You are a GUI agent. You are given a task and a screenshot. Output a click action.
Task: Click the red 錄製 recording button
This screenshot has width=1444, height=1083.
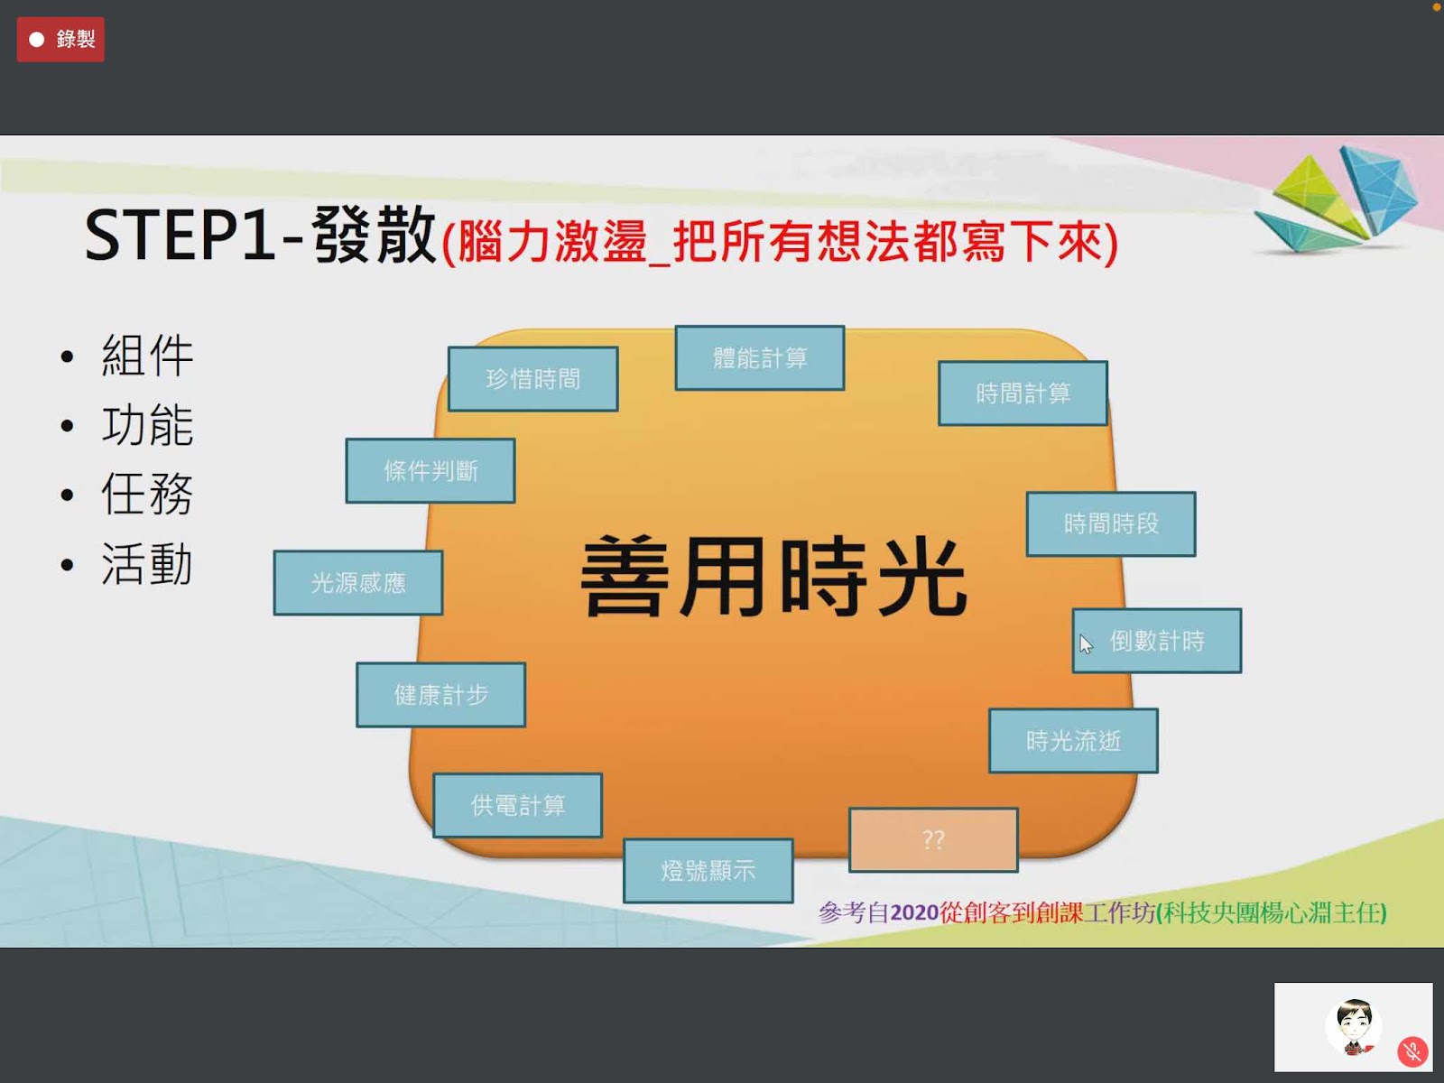pos(60,40)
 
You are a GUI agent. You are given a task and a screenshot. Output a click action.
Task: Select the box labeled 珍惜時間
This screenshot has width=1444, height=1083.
pos(532,379)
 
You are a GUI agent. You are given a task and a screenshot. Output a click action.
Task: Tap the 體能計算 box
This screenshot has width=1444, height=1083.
pos(760,357)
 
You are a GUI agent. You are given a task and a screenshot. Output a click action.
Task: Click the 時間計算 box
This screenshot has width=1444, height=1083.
pos(1023,393)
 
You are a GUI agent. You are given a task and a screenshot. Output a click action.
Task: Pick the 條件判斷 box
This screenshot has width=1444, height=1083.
pos(430,471)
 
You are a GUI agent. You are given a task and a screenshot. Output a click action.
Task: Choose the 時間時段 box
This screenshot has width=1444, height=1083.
pos(1111,524)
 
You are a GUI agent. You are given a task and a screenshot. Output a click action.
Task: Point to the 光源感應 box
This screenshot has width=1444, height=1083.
pos(358,583)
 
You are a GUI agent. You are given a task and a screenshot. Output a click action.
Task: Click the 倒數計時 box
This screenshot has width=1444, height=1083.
pos(1157,641)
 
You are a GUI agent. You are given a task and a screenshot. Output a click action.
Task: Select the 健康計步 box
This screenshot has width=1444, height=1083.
pos(440,694)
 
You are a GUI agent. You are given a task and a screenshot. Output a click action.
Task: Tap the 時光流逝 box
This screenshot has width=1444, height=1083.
pos(1074,740)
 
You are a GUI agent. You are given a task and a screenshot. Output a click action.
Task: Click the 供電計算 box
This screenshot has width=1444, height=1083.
pos(518,805)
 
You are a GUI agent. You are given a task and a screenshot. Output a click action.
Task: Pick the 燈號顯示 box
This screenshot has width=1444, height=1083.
pos(708,871)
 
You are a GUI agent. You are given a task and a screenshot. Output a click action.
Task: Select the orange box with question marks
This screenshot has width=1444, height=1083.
pos(933,839)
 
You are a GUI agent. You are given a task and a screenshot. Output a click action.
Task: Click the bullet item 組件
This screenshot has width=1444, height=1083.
pos(147,356)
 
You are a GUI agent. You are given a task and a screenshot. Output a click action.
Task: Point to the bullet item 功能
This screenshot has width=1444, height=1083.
pos(147,425)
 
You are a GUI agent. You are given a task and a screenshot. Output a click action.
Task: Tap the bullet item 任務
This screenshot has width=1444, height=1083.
pos(147,494)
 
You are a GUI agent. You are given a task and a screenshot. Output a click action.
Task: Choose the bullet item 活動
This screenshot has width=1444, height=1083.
pos(147,563)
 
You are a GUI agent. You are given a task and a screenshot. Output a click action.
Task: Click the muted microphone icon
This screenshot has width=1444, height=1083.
pos(1412,1052)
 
